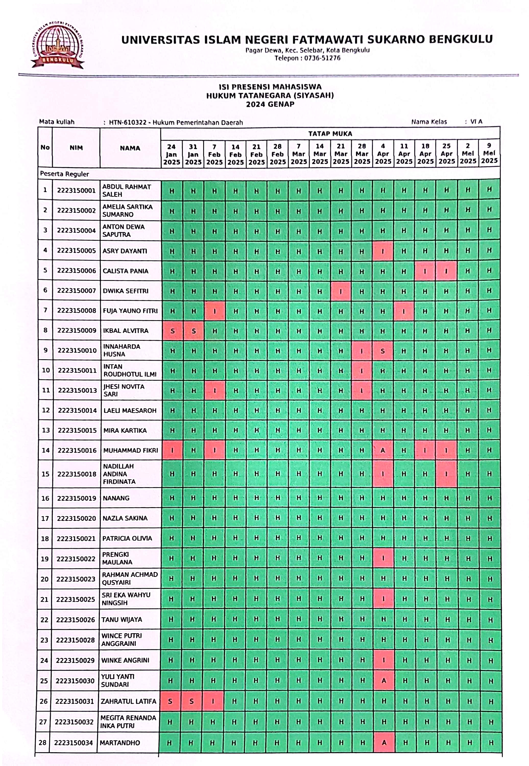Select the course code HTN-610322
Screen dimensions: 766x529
[x=128, y=123]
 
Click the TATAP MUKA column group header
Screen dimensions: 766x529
[x=330, y=134]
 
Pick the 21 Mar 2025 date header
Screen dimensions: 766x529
[x=341, y=154]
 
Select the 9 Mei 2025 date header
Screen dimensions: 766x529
[x=489, y=153]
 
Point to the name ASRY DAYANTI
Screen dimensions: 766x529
[x=125, y=251]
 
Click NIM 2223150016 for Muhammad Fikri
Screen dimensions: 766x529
[x=77, y=450]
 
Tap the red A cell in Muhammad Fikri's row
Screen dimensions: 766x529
[x=383, y=450]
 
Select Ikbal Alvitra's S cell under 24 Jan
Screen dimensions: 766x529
[x=172, y=331]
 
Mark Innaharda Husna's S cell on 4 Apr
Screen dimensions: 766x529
[x=382, y=351]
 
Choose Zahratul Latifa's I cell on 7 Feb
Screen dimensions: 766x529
[x=213, y=701]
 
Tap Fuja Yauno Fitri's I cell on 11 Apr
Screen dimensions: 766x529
[x=404, y=311]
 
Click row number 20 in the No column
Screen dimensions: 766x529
[x=44, y=579]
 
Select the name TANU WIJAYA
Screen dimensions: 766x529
[x=122, y=619]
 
